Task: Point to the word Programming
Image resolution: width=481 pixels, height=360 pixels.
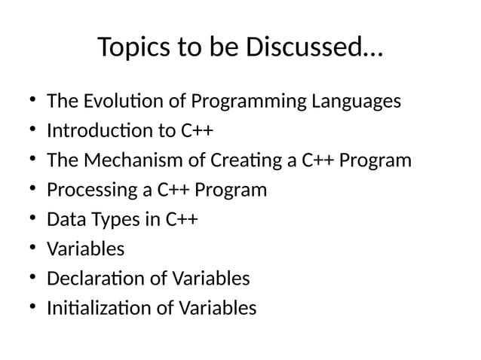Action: (248, 101)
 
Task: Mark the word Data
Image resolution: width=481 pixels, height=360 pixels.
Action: (63, 220)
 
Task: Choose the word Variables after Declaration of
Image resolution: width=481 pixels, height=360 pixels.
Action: (212, 279)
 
